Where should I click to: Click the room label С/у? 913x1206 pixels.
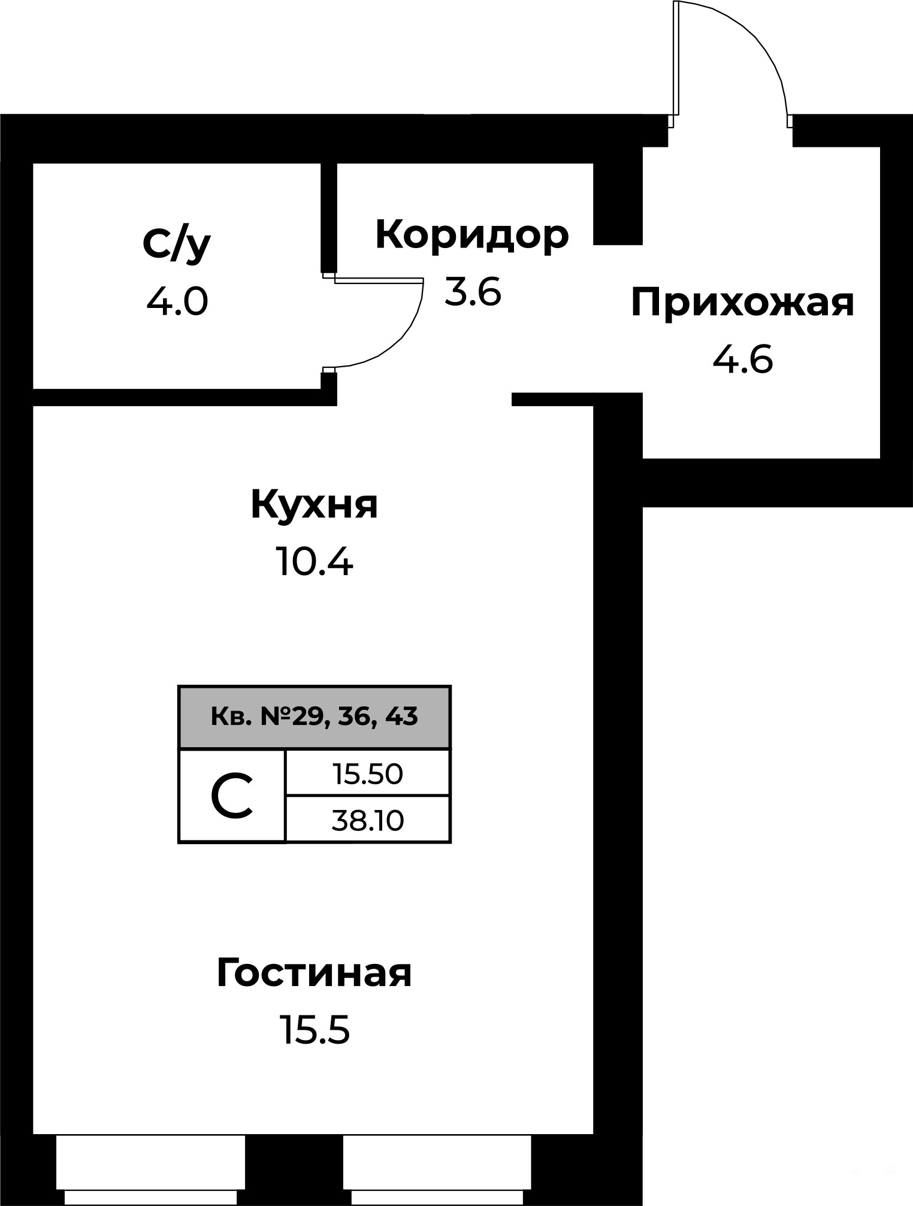click(177, 244)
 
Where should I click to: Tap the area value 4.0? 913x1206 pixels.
click(177, 301)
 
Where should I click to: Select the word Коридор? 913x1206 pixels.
click(472, 235)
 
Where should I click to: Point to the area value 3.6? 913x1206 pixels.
click(472, 292)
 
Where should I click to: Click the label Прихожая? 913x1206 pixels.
click(742, 303)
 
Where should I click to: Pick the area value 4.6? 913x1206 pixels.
click(743, 360)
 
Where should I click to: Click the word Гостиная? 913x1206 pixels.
click(314, 973)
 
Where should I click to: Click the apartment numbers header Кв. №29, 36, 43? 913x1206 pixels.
click(315, 717)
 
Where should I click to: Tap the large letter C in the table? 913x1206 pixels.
click(232, 796)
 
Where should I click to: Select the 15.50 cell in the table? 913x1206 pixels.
click(368, 773)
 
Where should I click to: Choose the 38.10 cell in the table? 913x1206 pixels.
click(368, 820)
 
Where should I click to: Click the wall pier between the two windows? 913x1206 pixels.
click(294, 1170)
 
